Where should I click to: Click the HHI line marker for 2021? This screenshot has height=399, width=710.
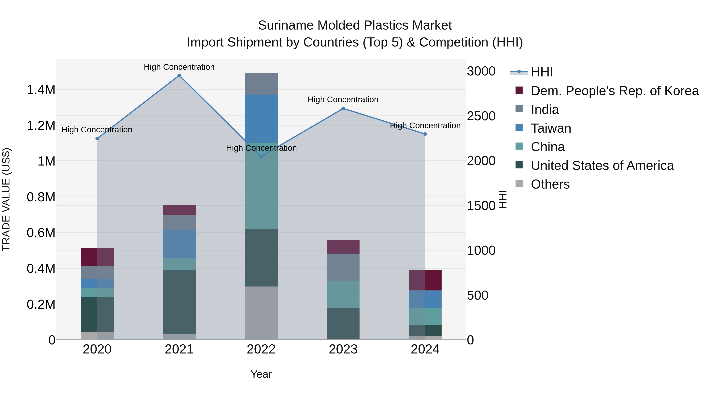coord(179,75)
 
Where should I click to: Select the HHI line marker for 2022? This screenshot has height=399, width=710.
coord(261,156)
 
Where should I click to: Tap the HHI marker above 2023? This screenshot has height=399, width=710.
coord(343,109)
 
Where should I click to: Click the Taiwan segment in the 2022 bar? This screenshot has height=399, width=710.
coord(261,118)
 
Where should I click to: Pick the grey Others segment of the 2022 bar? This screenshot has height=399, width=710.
coord(261,313)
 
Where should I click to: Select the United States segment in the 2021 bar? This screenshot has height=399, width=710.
coord(179,302)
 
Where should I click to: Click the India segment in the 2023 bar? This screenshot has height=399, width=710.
coord(343,267)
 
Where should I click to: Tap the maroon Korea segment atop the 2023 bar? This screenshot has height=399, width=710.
coord(343,247)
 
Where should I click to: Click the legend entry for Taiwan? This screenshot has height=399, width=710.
coord(551,128)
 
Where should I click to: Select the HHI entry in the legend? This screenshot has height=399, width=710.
coord(541,72)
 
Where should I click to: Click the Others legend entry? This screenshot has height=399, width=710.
coord(550,184)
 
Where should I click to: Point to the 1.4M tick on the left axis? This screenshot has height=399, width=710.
coord(41,90)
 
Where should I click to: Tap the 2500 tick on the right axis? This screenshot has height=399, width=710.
coord(481,116)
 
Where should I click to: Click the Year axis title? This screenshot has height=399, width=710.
coord(261,374)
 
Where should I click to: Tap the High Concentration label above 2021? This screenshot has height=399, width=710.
coord(179,67)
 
